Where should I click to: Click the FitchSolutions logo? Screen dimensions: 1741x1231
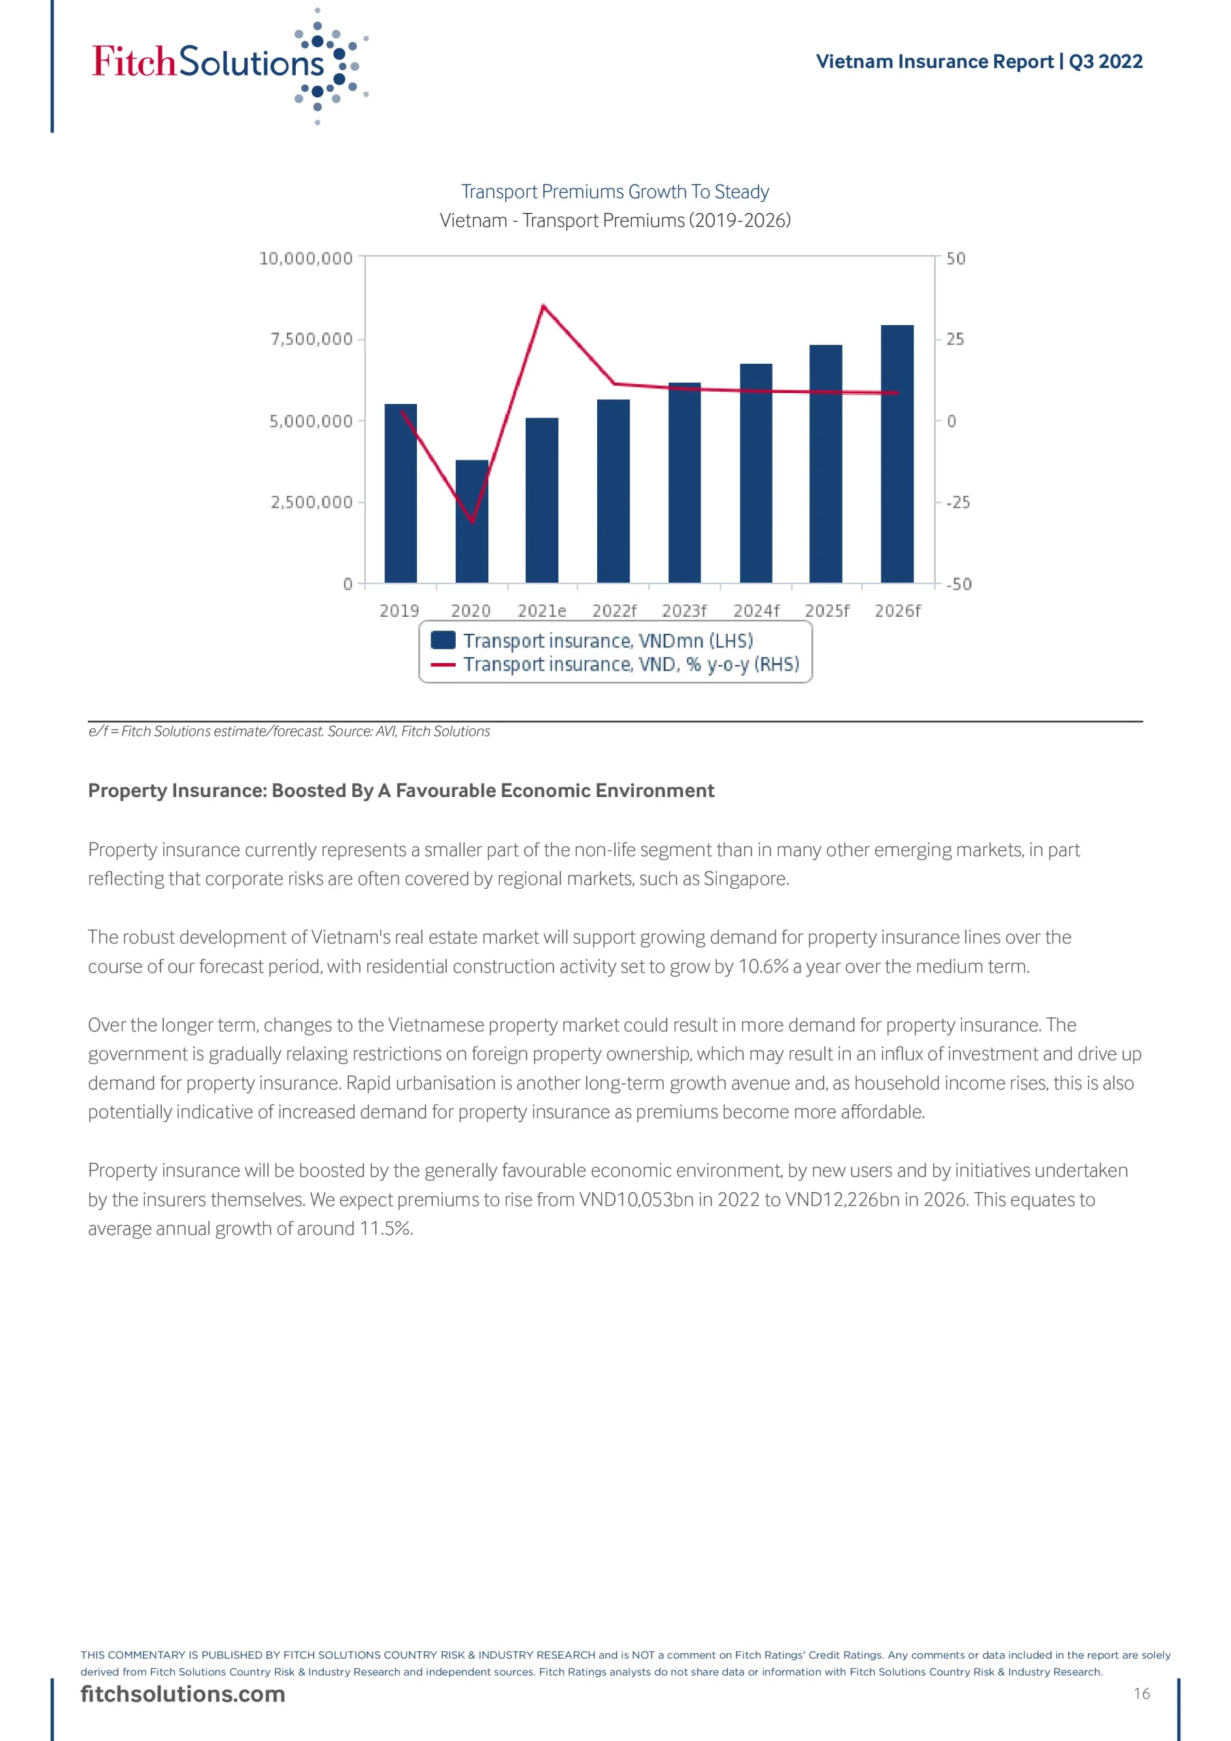[x=228, y=65]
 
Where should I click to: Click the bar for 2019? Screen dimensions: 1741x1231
[x=401, y=493]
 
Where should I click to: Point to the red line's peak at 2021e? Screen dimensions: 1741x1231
[x=543, y=305]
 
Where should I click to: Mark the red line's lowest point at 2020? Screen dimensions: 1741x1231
[x=473, y=522]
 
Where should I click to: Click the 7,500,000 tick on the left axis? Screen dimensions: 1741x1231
[x=311, y=339]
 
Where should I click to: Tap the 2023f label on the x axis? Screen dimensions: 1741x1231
[x=684, y=611]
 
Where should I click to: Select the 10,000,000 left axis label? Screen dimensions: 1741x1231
[x=305, y=258]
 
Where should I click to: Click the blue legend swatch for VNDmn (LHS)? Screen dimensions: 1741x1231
[x=443, y=640]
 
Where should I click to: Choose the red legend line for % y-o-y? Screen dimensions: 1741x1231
[x=443, y=665]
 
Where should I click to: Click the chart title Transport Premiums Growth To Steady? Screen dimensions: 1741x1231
[x=615, y=192]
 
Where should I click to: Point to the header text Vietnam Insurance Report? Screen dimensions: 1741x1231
[x=934, y=61]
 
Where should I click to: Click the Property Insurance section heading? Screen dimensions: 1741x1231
[x=401, y=791]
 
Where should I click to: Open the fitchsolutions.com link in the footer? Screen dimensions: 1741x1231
[x=183, y=1694]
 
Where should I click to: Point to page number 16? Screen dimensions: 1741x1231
[x=1141, y=1694]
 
